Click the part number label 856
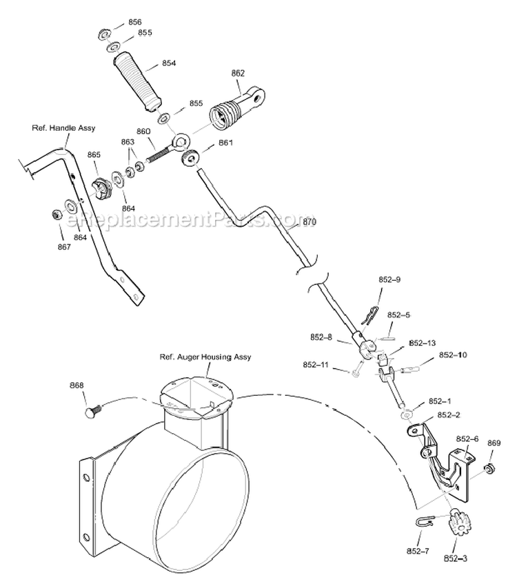coord(135,22)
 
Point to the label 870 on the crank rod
coord(308,222)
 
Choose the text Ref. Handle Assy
coord(63,128)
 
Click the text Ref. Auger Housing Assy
coord(205,357)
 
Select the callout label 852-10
coord(453,355)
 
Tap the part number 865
coord(94,155)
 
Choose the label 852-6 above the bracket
coord(467,439)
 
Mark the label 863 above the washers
coord(128,143)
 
